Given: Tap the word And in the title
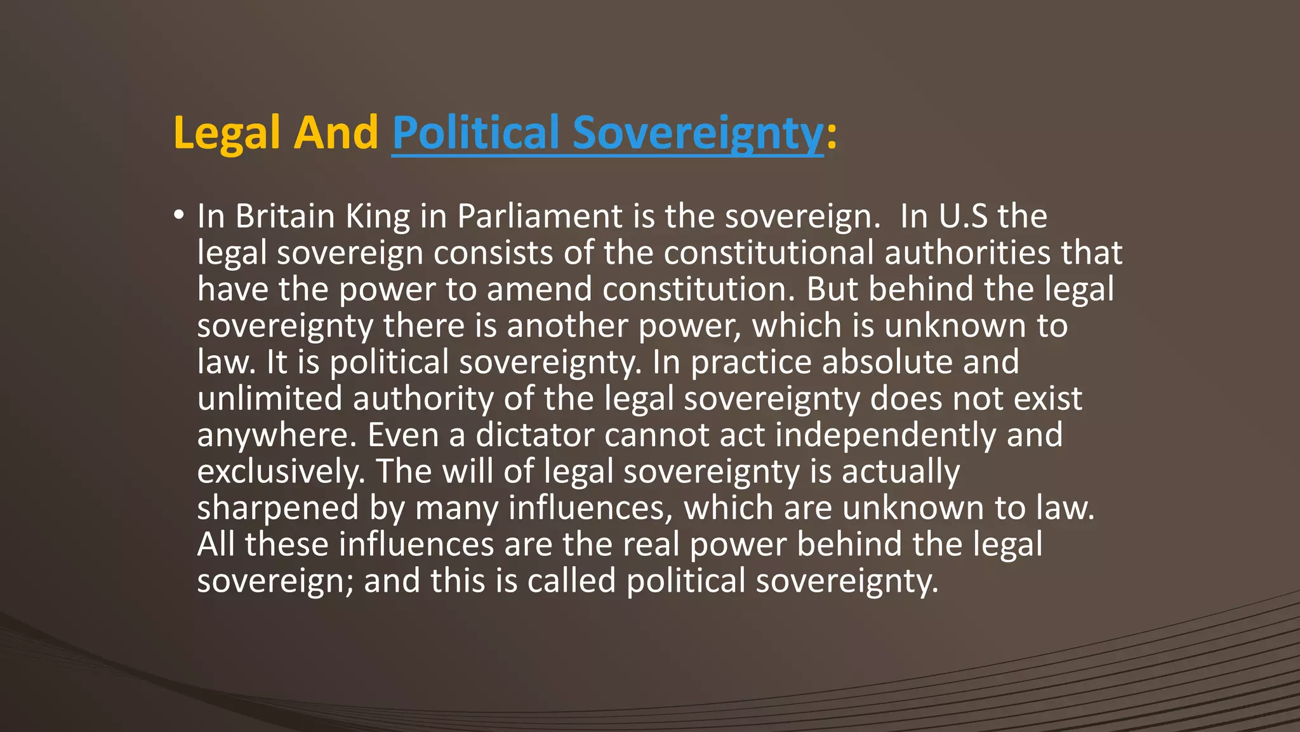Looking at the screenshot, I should point(336,133).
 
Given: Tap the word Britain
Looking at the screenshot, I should point(285,216).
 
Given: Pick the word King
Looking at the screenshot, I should point(378,216).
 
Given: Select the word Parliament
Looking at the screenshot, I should point(540,216).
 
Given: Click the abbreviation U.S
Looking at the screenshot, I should point(963,216).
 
